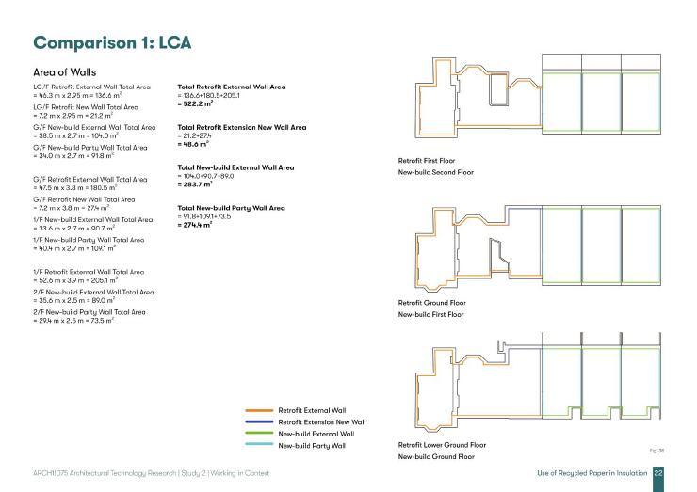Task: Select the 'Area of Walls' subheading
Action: [x=64, y=71]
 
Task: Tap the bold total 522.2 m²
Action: [x=196, y=103]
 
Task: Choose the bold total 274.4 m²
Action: [x=196, y=226]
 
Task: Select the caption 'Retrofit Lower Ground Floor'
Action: [x=442, y=444]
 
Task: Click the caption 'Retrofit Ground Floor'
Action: [x=432, y=303]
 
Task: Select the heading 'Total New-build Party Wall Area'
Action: [x=230, y=208]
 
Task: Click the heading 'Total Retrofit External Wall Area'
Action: [x=231, y=87]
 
